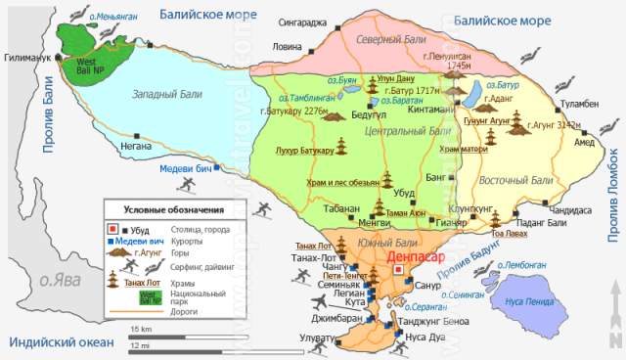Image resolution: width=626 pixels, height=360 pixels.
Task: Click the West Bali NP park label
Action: (x=76, y=65)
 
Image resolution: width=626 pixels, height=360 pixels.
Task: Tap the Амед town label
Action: (x=584, y=142)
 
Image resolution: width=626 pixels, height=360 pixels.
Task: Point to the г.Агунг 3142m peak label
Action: (x=553, y=125)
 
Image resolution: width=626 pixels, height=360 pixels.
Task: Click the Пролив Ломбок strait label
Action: (x=611, y=197)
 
